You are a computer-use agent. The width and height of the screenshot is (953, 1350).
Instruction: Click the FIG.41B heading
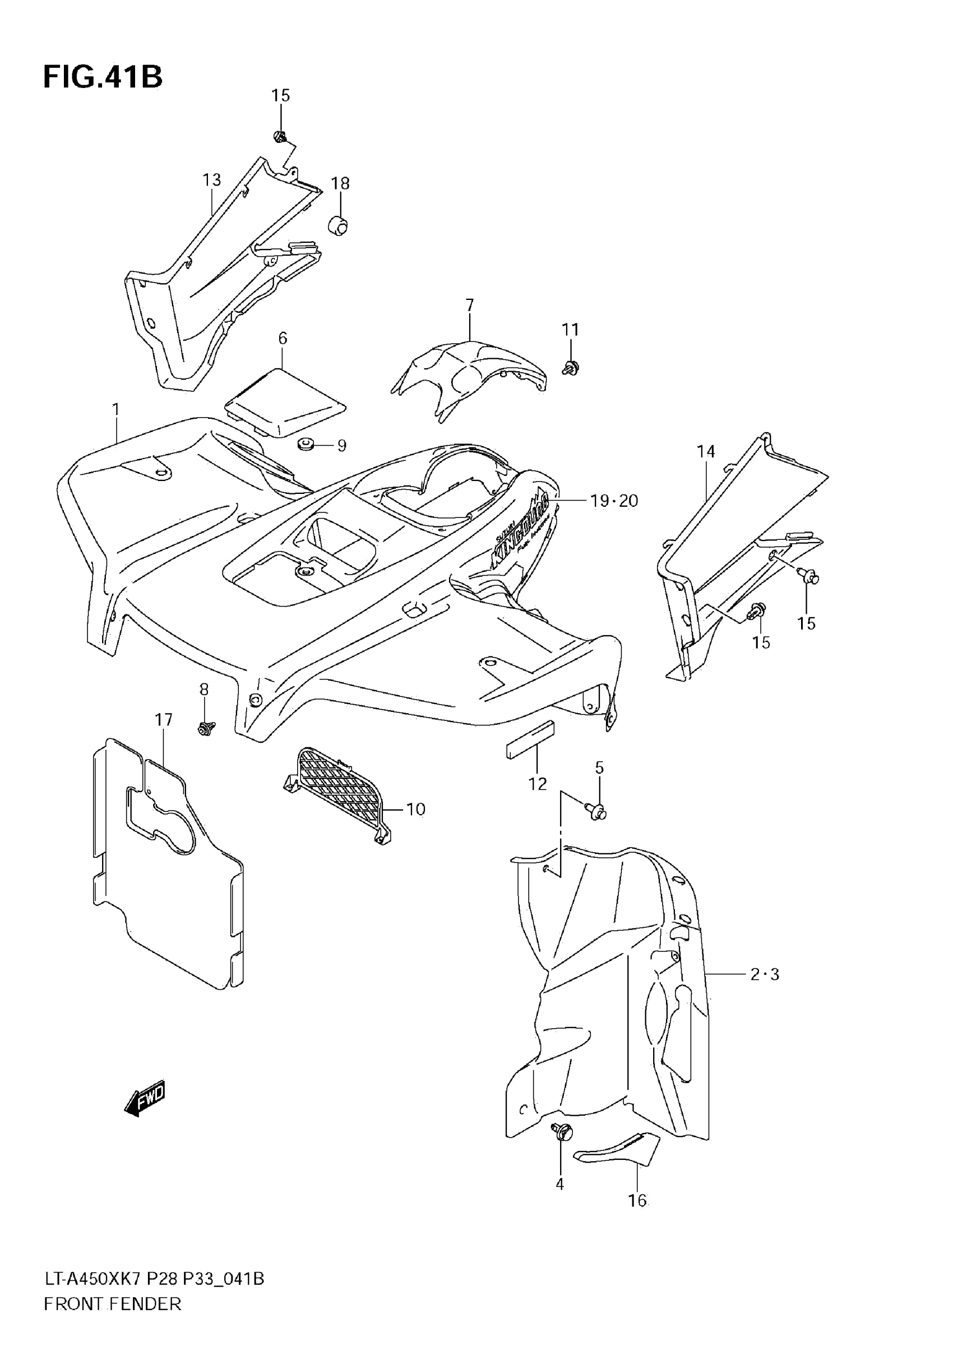point(103,77)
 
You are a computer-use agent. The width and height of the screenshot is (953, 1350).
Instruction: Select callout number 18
point(340,183)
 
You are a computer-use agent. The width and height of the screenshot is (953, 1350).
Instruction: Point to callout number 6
point(283,338)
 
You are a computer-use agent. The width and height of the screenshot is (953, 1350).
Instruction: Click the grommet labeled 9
point(305,445)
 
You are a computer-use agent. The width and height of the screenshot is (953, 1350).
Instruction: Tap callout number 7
point(469,305)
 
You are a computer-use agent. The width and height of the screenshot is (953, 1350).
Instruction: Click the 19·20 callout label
point(614,501)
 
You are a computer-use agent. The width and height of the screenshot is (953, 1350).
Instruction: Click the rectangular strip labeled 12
point(530,739)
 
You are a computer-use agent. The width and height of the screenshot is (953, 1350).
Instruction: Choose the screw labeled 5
point(596,812)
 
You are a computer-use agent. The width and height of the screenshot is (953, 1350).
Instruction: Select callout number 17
point(164,719)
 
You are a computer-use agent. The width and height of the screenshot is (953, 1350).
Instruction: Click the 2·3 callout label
point(764,974)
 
